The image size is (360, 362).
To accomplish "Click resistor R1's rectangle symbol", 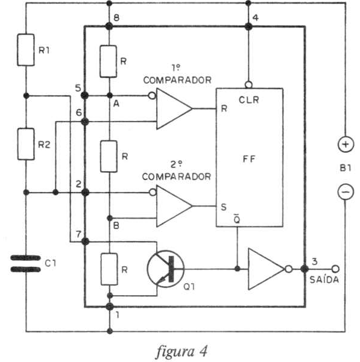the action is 26,50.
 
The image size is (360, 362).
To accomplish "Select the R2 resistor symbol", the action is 26,144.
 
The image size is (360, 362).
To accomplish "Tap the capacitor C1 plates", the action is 26,263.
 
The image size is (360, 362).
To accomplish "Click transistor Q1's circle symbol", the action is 166,269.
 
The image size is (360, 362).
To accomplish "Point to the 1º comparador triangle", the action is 174,108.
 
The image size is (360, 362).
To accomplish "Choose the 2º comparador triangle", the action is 174,206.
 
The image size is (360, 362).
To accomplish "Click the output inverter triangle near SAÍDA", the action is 266,269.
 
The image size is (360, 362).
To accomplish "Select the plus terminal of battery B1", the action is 346,145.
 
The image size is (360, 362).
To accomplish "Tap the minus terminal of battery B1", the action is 346,192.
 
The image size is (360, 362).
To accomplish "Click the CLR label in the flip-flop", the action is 249,100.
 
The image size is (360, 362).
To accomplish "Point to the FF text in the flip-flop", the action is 249,159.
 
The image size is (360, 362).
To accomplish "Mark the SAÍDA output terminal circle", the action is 335,269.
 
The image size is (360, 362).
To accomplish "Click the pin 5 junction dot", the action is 85,95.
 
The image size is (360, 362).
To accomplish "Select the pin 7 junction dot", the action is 85,242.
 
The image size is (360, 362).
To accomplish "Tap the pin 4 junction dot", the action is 248,27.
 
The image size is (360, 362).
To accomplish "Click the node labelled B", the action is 110,218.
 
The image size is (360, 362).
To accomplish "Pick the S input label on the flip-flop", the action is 224,207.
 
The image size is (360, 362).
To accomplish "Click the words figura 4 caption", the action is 182,351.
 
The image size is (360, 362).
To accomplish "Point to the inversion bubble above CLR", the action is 248,85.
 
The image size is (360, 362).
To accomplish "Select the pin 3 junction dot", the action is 305,269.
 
